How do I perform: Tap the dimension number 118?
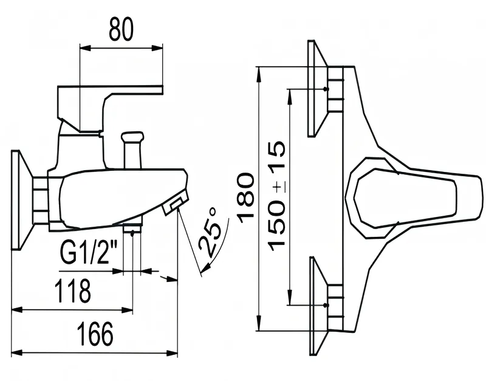73,290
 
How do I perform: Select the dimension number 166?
96,334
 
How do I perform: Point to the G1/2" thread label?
89,253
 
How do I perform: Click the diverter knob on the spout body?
132,150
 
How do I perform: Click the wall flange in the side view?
22,200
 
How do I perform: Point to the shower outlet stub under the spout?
132,227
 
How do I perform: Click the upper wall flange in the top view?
318,88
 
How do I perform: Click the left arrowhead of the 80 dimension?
85,48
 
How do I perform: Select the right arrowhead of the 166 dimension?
172,353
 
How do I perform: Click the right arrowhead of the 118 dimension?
127,309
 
